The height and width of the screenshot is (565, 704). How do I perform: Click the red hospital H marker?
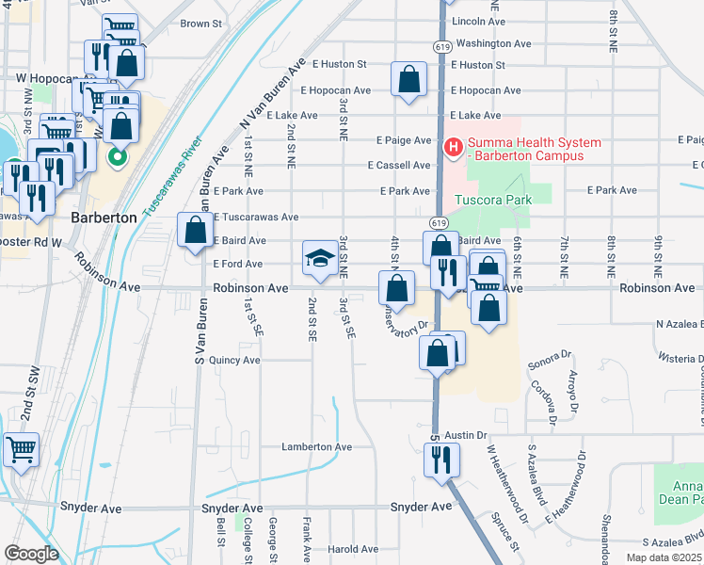[x=453, y=148]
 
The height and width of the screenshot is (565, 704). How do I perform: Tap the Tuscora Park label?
[x=493, y=200]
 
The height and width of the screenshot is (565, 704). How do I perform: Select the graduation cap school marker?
[x=320, y=258]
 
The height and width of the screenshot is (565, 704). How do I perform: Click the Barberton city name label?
[x=104, y=217]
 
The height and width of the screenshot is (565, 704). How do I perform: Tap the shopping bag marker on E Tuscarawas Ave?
[x=195, y=230]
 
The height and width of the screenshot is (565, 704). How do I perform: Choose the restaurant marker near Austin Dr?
[x=439, y=460]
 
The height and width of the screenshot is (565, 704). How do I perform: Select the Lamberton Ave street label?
[x=316, y=447]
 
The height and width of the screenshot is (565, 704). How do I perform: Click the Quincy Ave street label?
[x=234, y=360]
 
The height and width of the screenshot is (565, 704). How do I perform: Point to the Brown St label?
[x=200, y=24]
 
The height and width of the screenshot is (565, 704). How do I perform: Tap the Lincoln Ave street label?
[x=478, y=21]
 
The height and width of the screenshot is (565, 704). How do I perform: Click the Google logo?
[x=31, y=553]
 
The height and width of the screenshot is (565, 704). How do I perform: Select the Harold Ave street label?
[x=352, y=549]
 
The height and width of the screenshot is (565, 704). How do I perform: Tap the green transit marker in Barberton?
[x=118, y=157]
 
